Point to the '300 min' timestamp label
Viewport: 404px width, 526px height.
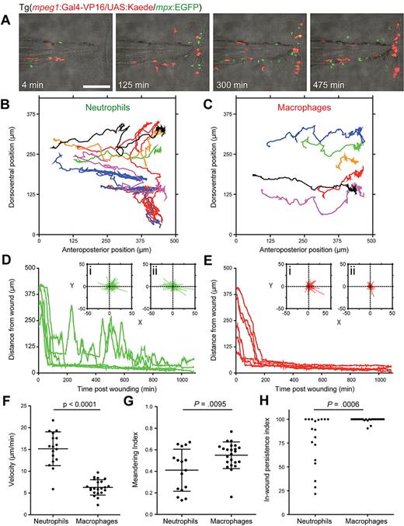click(234, 81)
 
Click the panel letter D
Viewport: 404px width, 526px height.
click(7, 265)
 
